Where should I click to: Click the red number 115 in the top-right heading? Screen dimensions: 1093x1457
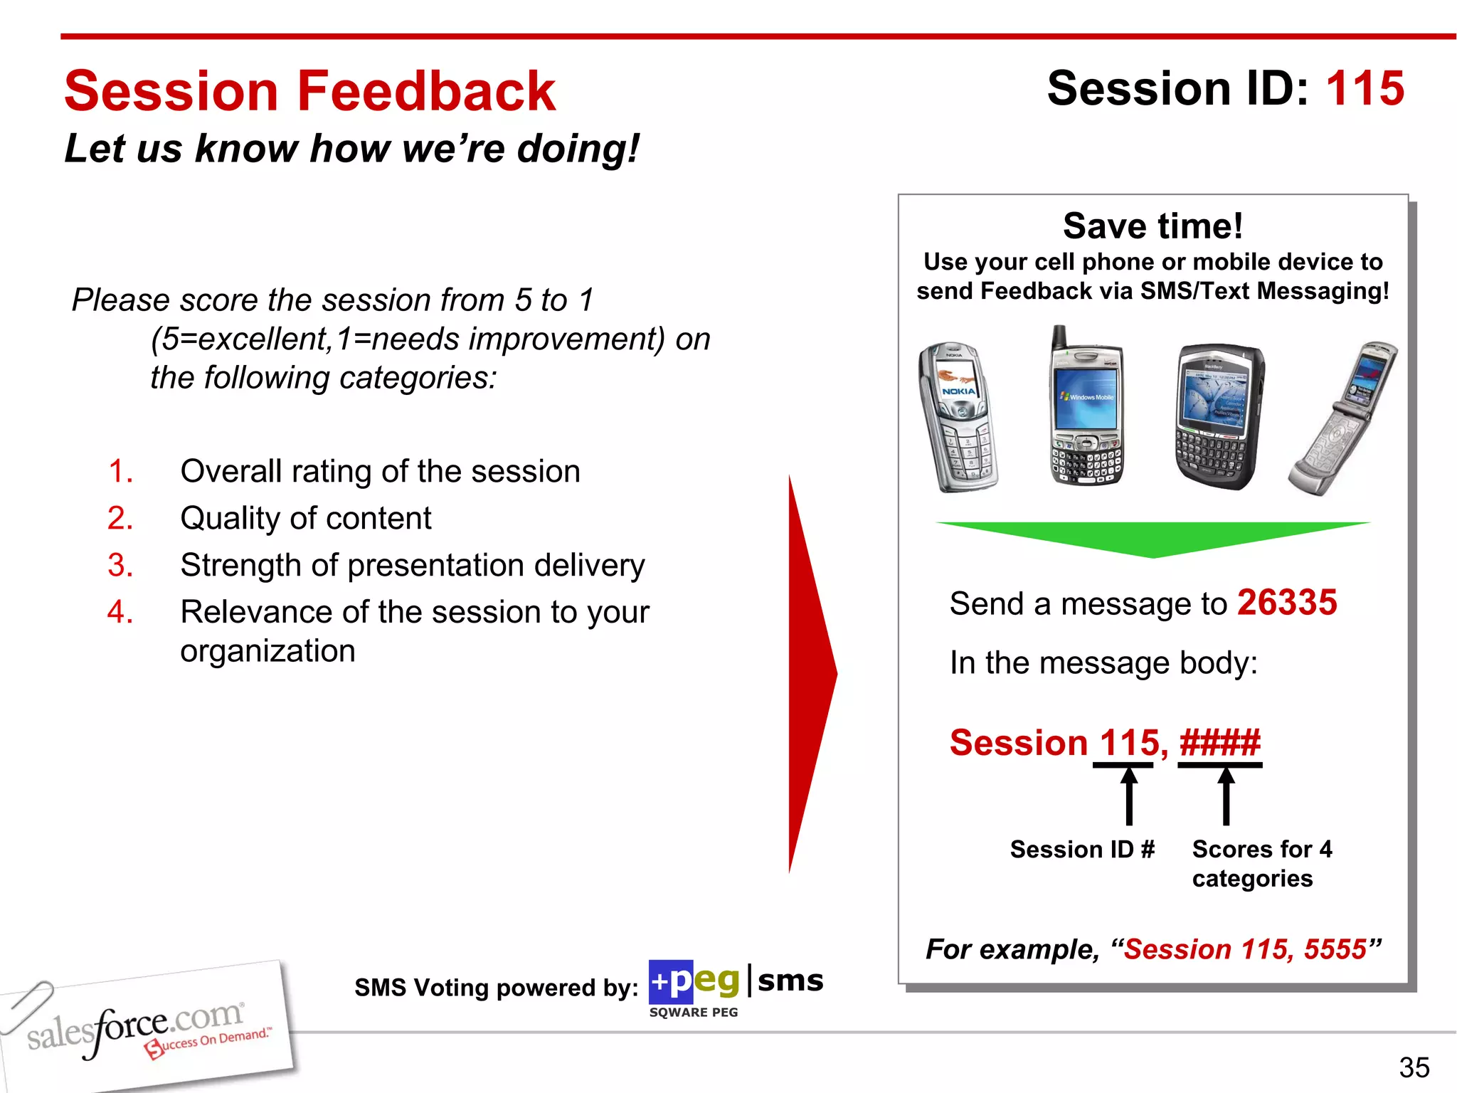click(1365, 89)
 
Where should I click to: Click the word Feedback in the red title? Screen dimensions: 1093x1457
click(425, 92)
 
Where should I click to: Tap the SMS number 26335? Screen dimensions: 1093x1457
click(1286, 603)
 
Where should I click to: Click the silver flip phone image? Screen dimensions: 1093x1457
click(1342, 420)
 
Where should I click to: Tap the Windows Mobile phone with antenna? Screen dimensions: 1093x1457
click(1086, 409)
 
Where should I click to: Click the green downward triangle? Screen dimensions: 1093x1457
click(1153, 537)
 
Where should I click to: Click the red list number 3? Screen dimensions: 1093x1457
click(120, 565)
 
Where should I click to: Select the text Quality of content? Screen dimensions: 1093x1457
click(305, 518)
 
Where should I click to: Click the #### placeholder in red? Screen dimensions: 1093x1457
click(1219, 743)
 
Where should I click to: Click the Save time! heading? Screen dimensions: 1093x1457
click(1153, 226)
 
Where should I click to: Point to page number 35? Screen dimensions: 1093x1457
click(1414, 1067)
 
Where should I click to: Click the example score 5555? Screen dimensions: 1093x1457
click(1335, 949)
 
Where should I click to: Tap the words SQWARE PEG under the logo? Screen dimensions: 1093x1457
click(693, 1012)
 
